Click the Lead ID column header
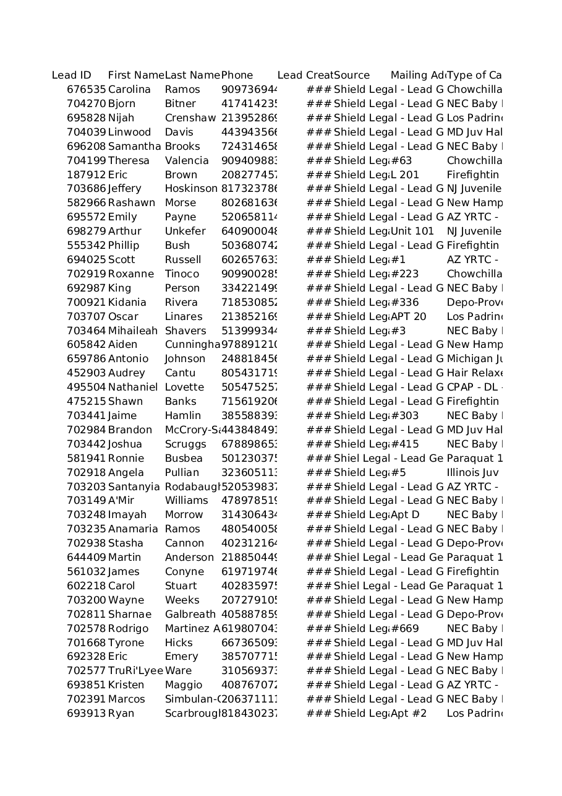click(x=71, y=76)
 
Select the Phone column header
click(x=237, y=76)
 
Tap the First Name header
click(x=135, y=76)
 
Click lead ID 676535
click(x=86, y=90)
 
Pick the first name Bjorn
click(x=121, y=104)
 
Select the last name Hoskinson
click(x=191, y=189)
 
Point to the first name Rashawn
click(x=132, y=203)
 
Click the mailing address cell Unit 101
click(x=412, y=231)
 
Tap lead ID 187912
click(x=86, y=175)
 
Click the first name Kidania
click(x=127, y=303)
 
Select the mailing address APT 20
click(x=408, y=317)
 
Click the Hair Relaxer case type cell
click(x=474, y=373)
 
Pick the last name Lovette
click(x=184, y=387)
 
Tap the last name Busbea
click(x=183, y=459)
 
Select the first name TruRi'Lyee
click(x=135, y=671)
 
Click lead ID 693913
click(x=86, y=714)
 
